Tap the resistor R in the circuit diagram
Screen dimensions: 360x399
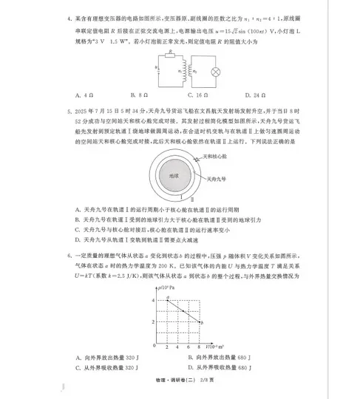[171, 58]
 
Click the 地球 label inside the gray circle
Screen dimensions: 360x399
[174, 176]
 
